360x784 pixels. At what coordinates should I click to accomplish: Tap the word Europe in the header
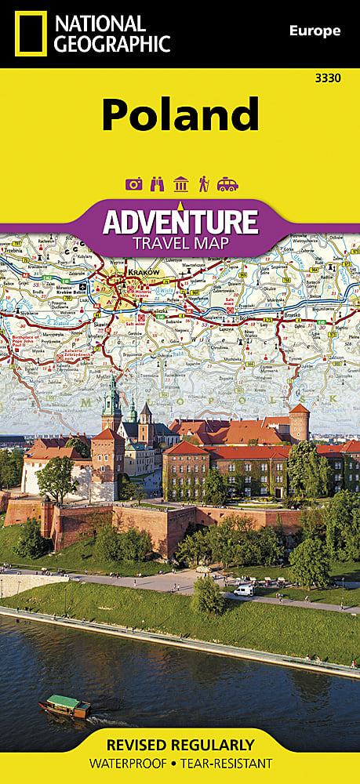[x=315, y=31]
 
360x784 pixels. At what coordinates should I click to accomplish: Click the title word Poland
[x=180, y=114]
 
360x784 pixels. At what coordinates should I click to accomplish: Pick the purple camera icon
[x=133, y=184]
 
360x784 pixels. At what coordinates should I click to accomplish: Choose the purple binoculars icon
[x=157, y=184]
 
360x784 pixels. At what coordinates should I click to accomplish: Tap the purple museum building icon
[x=180, y=184]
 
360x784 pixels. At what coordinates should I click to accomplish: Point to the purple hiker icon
[x=203, y=184]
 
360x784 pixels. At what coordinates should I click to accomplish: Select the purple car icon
[x=227, y=184]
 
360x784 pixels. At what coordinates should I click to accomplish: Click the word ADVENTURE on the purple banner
[x=180, y=222]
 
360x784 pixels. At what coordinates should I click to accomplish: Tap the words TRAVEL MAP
[x=180, y=243]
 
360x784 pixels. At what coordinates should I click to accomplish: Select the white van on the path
[x=244, y=590]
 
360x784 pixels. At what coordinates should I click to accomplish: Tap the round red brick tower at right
[x=299, y=423]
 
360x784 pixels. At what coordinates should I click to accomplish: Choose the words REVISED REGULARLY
[x=180, y=745]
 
